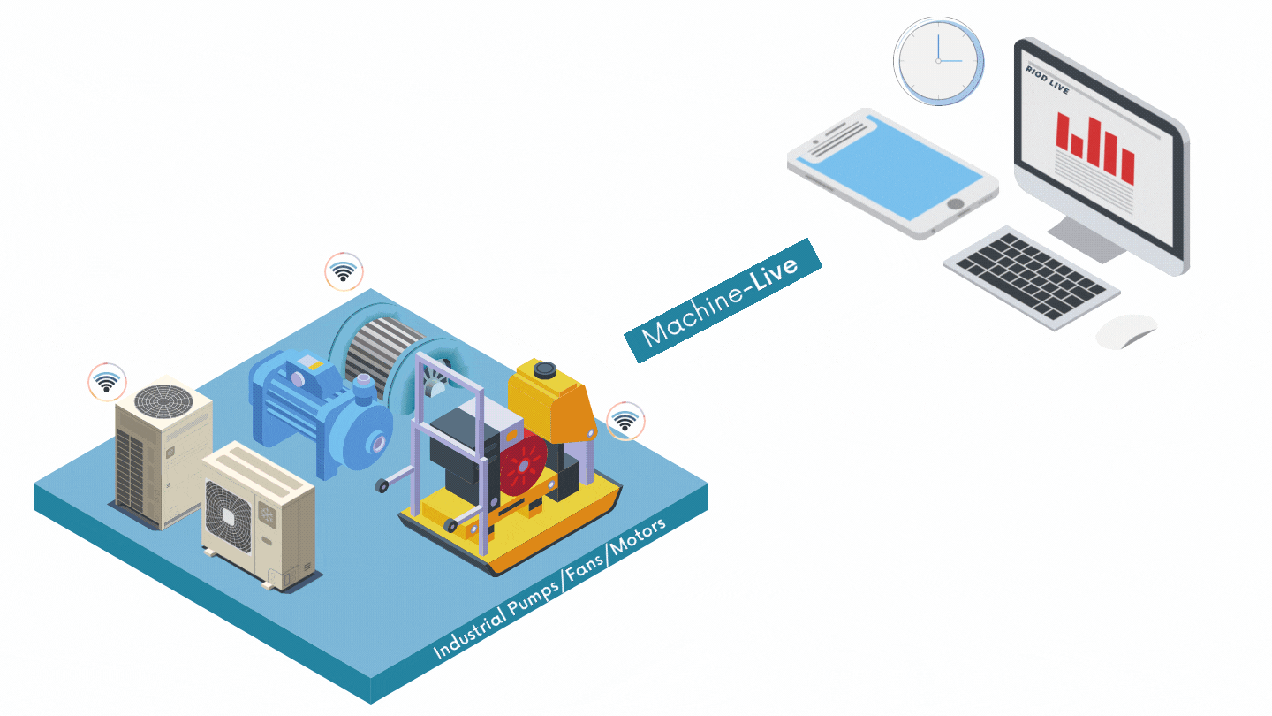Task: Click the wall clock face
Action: (x=939, y=61)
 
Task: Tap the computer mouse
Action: (x=1127, y=331)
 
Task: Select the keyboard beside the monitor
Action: (x=1031, y=278)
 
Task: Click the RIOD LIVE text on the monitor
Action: (x=1047, y=80)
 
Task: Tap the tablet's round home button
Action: (x=956, y=203)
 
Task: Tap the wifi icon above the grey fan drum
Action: (x=344, y=271)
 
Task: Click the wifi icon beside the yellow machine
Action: (x=625, y=421)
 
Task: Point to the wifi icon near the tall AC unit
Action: (x=107, y=382)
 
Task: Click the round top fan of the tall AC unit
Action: (x=163, y=401)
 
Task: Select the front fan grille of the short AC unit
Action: (x=228, y=516)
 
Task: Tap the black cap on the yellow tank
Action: (x=544, y=369)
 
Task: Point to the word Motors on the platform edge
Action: (x=638, y=537)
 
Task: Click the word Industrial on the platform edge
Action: (x=470, y=633)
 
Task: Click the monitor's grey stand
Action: (x=1086, y=240)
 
